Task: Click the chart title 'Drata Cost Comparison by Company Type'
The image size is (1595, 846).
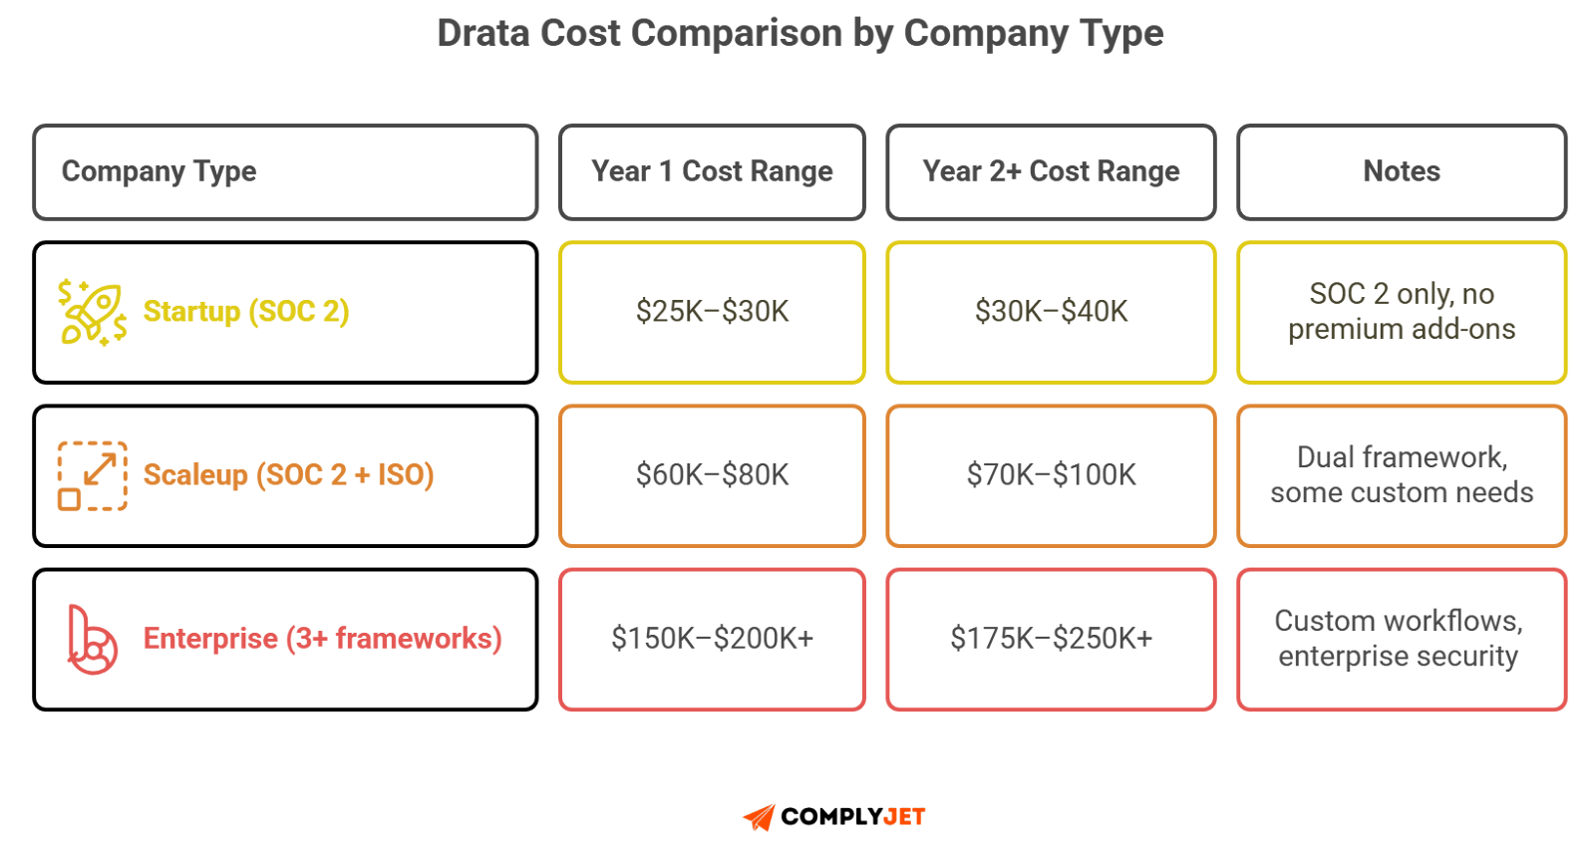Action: click(x=799, y=34)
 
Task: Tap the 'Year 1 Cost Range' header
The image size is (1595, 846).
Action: click(x=712, y=171)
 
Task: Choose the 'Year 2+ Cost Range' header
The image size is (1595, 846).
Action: click(x=1051, y=171)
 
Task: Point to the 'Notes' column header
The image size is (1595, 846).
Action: click(x=1402, y=171)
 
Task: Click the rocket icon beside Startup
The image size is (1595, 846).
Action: click(x=92, y=312)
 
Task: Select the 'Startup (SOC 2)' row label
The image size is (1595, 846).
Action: click(x=246, y=312)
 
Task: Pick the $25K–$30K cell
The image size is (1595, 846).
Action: click(x=712, y=312)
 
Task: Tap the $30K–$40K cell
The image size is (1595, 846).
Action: click(x=1051, y=312)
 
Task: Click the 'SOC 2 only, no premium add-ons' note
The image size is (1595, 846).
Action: click(x=1402, y=312)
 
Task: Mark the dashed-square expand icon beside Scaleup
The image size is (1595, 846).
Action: click(x=92, y=475)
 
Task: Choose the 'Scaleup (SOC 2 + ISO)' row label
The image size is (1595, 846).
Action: click(x=288, y=475)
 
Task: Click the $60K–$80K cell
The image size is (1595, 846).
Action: click(x=712, y=475)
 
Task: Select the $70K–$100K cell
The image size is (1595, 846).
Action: click(x=1051, y=475)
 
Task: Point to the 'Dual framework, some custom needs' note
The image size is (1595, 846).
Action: click(x=1402, y=475)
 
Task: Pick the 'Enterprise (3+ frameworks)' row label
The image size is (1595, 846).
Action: click(x=322, y=639)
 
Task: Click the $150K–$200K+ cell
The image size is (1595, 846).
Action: click(x=712, y=639)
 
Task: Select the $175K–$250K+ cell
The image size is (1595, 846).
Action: click(x=1051, y=639)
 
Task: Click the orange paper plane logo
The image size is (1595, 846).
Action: click(x=760, y=818)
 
